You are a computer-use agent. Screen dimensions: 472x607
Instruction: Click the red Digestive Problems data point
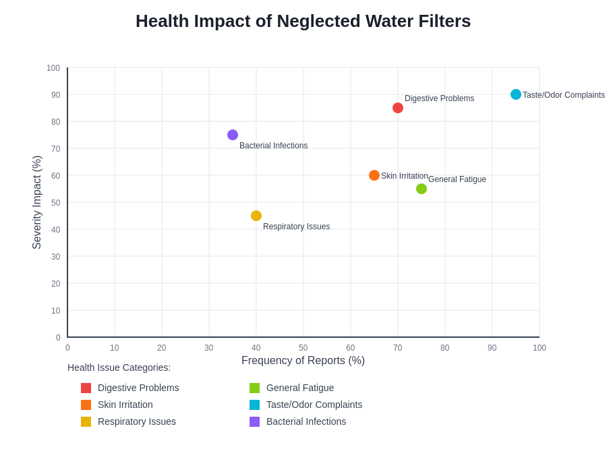click(x=398, y=108)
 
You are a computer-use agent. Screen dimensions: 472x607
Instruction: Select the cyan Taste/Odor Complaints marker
click(x=516, y=94)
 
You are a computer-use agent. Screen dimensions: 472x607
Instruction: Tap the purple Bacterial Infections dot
click(x=233, y=135)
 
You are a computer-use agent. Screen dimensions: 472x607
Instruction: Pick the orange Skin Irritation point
click(x=374, y=175)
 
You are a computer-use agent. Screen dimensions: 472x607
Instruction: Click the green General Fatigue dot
click(x=422, y=189)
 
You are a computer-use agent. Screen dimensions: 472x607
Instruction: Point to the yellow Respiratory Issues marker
click(x=256, y=216)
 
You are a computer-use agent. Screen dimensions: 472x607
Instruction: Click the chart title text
click(x=303, y=21)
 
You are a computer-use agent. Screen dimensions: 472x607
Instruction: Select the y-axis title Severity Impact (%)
click(x=37, y=202)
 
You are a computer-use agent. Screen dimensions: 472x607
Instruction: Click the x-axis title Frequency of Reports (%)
click(x=303, y=361)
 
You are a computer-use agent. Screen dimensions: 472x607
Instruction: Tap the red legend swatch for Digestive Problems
click(x=86, y=388)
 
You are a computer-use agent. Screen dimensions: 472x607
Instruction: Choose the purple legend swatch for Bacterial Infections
click(x=254, y=421)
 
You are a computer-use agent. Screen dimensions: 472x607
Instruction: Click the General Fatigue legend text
click(x=300, y=388)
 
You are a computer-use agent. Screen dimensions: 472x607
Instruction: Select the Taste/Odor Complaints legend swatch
click(x=254, y=405)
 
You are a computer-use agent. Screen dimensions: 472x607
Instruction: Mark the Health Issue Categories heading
click(x=119, y=367)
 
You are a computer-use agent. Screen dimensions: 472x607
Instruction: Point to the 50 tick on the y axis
click(x=56, y=203)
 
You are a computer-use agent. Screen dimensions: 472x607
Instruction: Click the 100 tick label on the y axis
click(x=53, y=68)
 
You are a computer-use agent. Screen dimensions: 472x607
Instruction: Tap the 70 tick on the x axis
click(x=398, y=348)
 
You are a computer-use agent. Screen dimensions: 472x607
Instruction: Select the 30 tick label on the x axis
click(x=209, y=348)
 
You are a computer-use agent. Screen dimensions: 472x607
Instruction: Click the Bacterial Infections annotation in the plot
click(x=273, y=146)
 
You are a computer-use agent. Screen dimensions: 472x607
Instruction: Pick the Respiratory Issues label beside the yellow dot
click(x=296, y=227)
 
